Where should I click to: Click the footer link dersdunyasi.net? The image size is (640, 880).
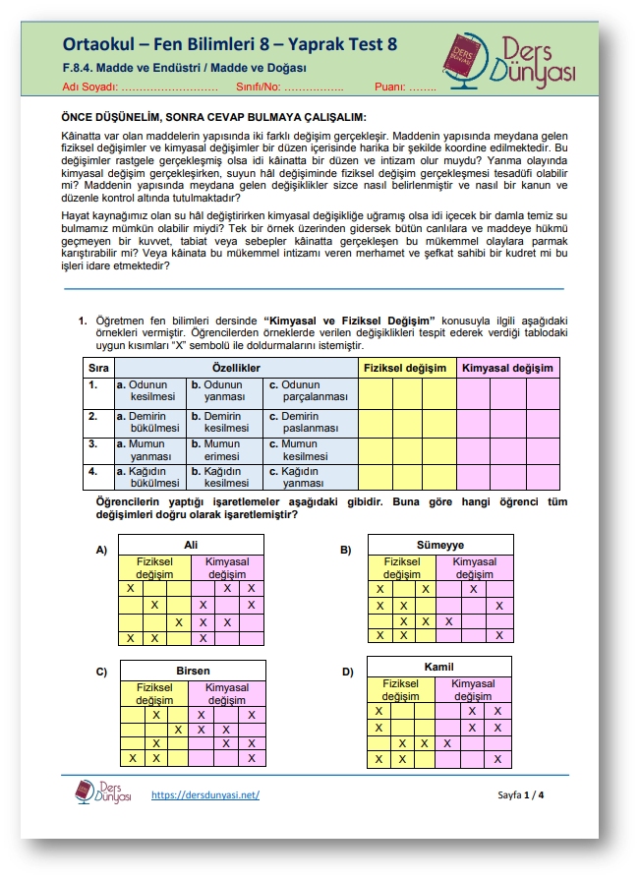[205, 793]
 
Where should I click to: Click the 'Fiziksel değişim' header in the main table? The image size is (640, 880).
[405, 368]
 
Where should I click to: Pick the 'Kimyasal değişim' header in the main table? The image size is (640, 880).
[507, 368]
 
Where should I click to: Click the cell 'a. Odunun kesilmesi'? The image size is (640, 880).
[146, 391]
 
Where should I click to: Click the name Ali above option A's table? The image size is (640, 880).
[191, 544]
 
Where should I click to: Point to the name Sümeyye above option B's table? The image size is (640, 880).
[439, 544]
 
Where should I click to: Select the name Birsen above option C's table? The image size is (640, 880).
[193, 671]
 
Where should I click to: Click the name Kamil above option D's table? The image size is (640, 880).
[438, 667]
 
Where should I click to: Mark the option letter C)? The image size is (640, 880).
[101, 673]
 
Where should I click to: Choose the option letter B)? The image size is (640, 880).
[346, 550]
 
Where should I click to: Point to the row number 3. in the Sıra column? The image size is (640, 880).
[93, 443]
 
